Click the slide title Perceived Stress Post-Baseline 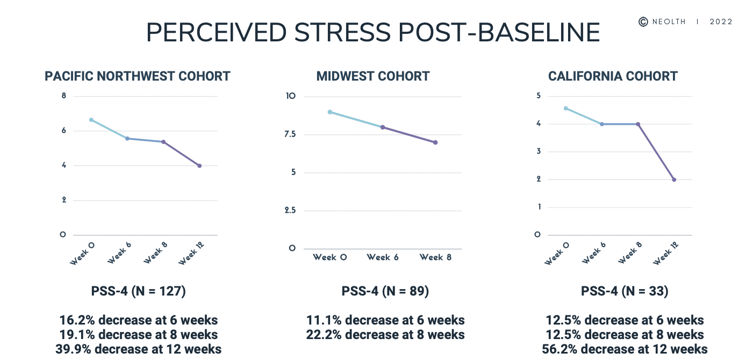(x=373, y=33)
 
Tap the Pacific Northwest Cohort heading (x=138, y=76)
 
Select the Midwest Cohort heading (x=373, y=76)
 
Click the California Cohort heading (x=613, y=76)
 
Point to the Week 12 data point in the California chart (x=673, y=179)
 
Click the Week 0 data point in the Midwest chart (x=330, y=112)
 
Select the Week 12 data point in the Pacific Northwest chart (x=199, y=165)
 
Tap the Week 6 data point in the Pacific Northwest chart (x=127, y=139)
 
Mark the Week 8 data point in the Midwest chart (x=435, y=142)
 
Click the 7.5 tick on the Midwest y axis (x=291, y=134)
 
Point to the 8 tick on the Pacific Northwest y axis (x=64, y=96)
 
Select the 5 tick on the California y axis (x=537, y=96)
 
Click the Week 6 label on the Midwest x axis (x=383, y=257)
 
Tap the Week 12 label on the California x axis (x=665, y=253)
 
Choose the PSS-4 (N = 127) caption (x=138, y=292)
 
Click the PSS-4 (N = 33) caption (x=625, y=292)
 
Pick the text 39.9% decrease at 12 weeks (x=138, y=349)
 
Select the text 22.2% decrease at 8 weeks (x=385, y=335)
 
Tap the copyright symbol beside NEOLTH (x=643, y=21)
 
